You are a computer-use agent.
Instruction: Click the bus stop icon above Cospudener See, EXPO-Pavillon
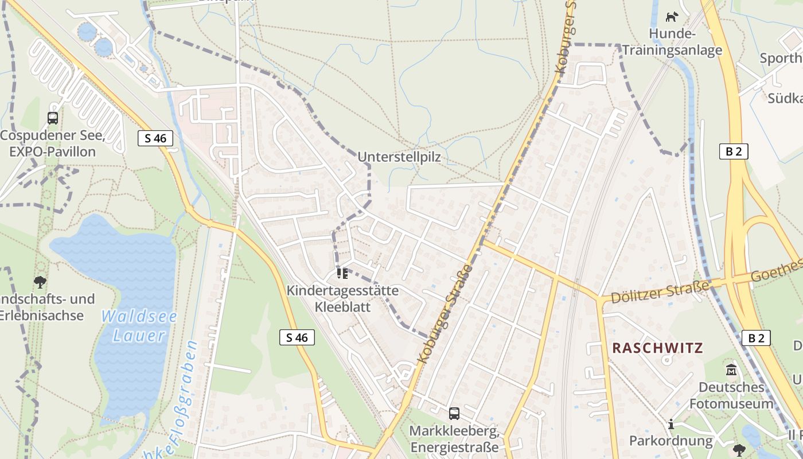(53, 118)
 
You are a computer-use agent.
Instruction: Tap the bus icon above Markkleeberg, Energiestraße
(454, 413)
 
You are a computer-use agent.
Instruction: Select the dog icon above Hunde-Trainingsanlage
(672, 17)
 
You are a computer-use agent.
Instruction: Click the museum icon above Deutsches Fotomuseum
(731, 369)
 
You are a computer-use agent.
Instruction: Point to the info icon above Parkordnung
(671, 424)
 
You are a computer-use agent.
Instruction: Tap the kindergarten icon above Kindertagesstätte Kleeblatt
(342, 273)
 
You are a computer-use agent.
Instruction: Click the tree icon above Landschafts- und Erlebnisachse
(40, 282)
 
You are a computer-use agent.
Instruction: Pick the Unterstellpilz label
(399, 157)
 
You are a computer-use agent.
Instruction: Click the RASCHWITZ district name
(657, 348)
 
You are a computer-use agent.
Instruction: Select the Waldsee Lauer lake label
(139, 325)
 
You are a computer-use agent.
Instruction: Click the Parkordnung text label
(671, 441)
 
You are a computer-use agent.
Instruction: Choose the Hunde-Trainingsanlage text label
(672, 42)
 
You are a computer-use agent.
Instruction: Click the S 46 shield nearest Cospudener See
(155, 138)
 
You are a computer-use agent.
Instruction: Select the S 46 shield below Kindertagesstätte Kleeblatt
(297, 337)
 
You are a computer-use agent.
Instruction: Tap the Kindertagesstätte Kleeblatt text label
(342, 298)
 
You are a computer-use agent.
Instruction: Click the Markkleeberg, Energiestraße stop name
(454, 438)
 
